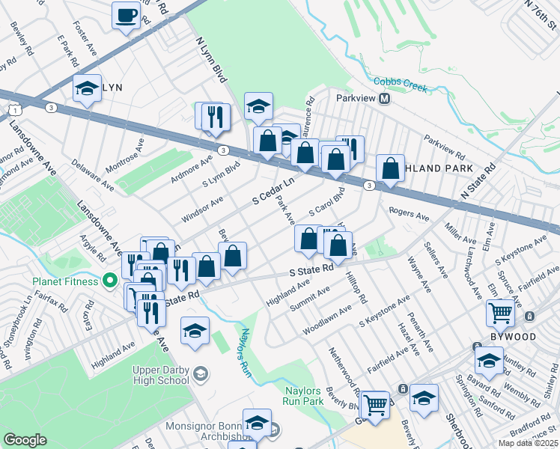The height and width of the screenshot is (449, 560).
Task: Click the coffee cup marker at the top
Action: pos(126,16)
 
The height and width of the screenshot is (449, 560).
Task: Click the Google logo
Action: pos(25,440)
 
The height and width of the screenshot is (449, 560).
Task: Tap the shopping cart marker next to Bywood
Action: pos(500,312)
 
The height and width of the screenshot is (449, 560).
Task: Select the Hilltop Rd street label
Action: pos(356,288)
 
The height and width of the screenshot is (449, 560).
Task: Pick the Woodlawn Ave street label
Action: pos(326,320)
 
